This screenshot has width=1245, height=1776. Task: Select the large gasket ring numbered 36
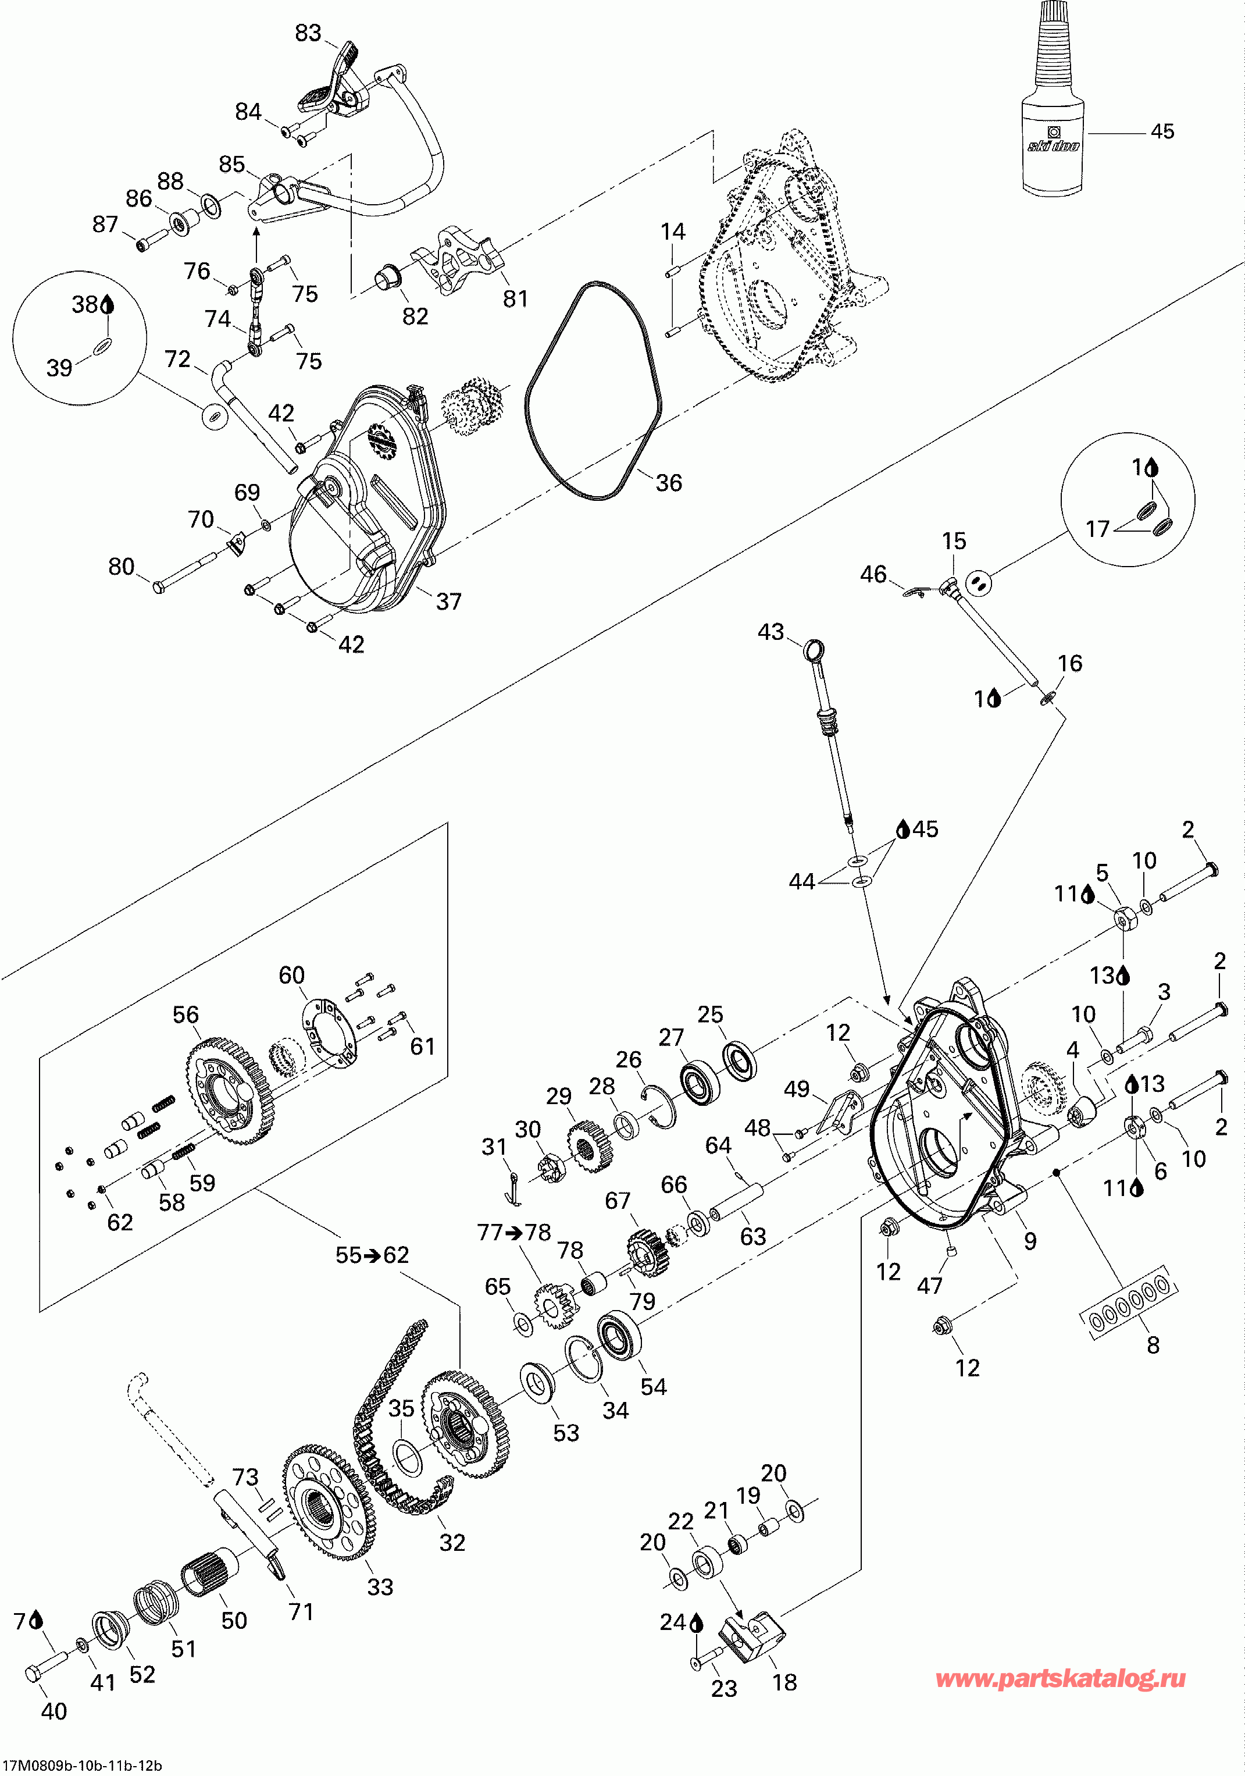coord(593,391)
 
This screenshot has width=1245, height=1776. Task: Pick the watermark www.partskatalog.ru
coord(1060,1678)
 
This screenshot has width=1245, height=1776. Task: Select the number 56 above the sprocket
coord(185,1015)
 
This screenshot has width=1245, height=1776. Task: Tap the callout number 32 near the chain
coord(452,1542)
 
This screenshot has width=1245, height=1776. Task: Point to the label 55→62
coord(372,1255)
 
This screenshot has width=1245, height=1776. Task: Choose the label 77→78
coord(513,1232)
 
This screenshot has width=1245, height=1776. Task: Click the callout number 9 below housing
coord(1030,1241)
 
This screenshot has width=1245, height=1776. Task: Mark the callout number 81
coord(515,298)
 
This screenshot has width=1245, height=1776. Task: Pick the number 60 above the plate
coord(291,976)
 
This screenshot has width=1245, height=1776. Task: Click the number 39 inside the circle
coord(59,368)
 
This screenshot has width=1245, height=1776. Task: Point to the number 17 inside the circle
coord(1098,529)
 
